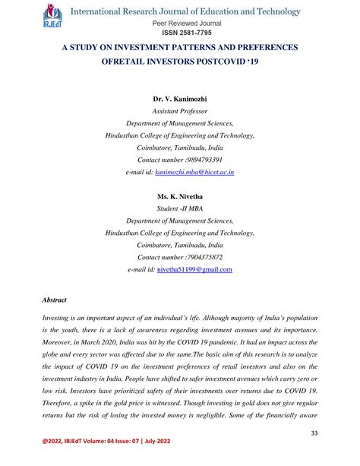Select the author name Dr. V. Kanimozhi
(x=180, y=99)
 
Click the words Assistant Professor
(x=180, y=111)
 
